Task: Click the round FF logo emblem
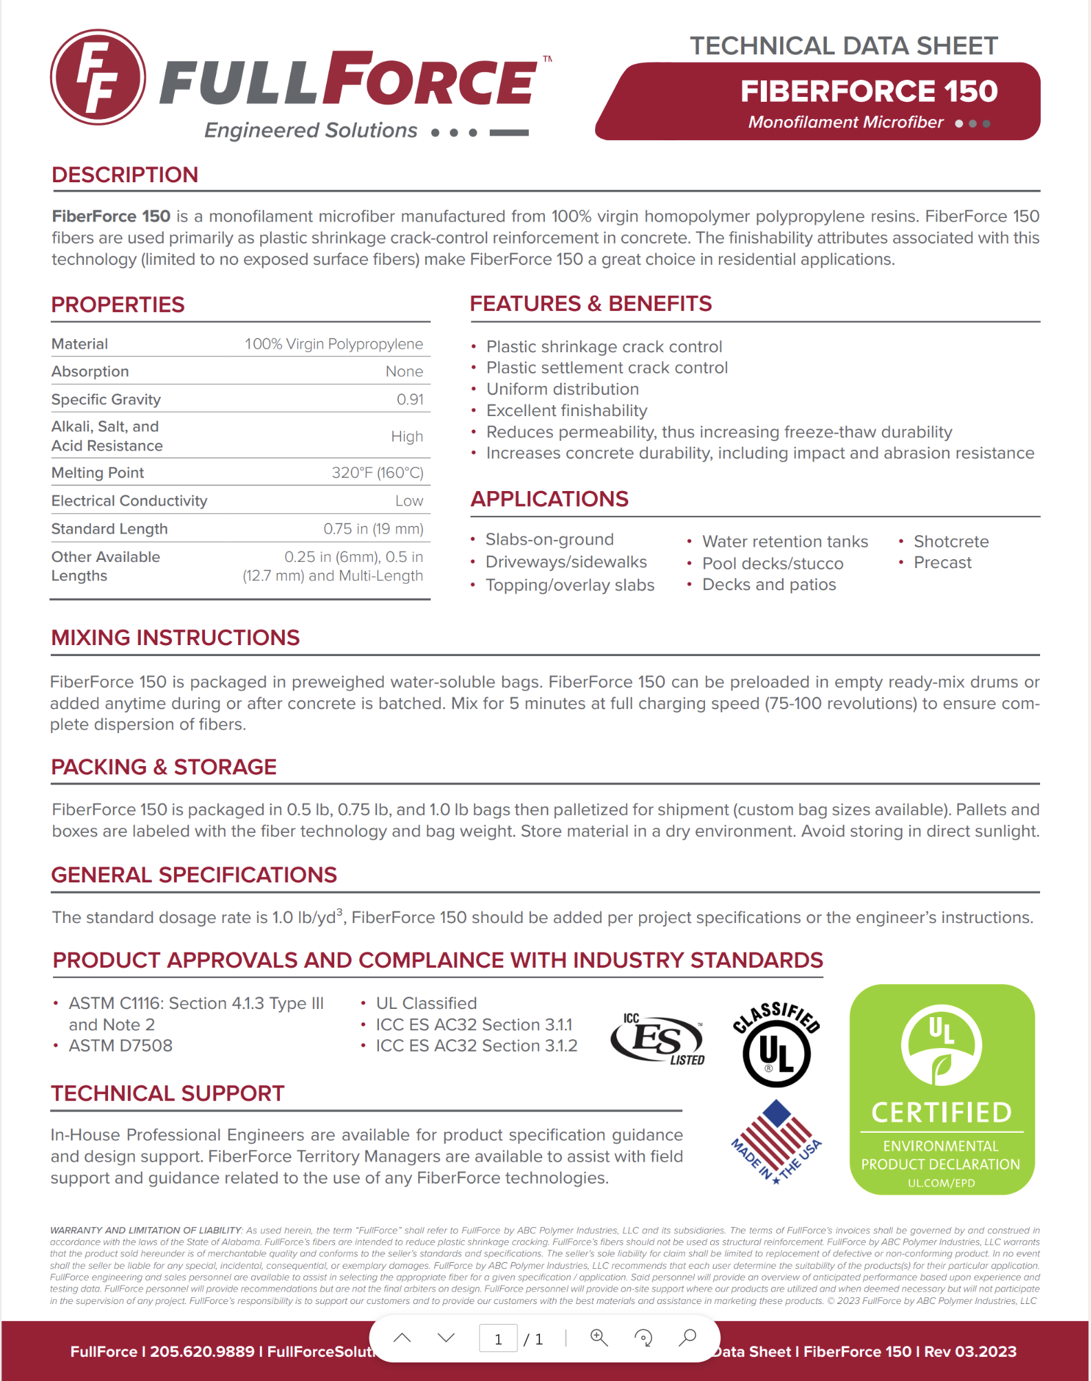point(98,77)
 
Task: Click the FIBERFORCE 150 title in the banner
point(868,91)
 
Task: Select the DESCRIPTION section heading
point(125,175)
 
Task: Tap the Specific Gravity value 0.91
point(410,400)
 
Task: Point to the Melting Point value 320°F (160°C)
point(377,472)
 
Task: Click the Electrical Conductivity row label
point(129,501)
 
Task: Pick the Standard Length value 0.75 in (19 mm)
point(373,529)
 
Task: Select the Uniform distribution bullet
point(562,389)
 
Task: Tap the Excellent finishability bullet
point(566,411)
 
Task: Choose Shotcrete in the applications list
point(951,541)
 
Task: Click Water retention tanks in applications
point(784,542)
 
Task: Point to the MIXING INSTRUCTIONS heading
point(175,638)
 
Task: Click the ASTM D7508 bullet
point(120,1045)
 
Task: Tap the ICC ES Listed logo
point(658,1039)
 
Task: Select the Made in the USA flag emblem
point(777,1141)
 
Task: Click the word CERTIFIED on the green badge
point(941,1112)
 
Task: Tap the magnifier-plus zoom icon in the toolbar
point(599,1337)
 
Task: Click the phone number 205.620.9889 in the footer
point(202,1351)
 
